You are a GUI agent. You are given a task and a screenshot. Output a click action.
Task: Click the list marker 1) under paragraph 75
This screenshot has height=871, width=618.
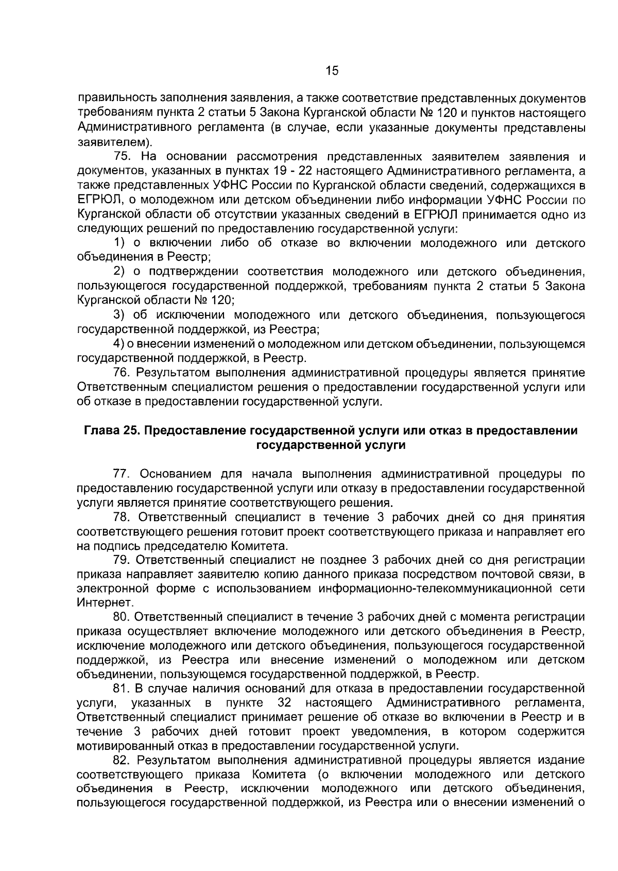(119, 243)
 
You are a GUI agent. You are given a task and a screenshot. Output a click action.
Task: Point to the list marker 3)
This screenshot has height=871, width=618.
(119, 315)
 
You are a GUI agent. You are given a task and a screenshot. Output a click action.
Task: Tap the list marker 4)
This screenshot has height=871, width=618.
(119, 344)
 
